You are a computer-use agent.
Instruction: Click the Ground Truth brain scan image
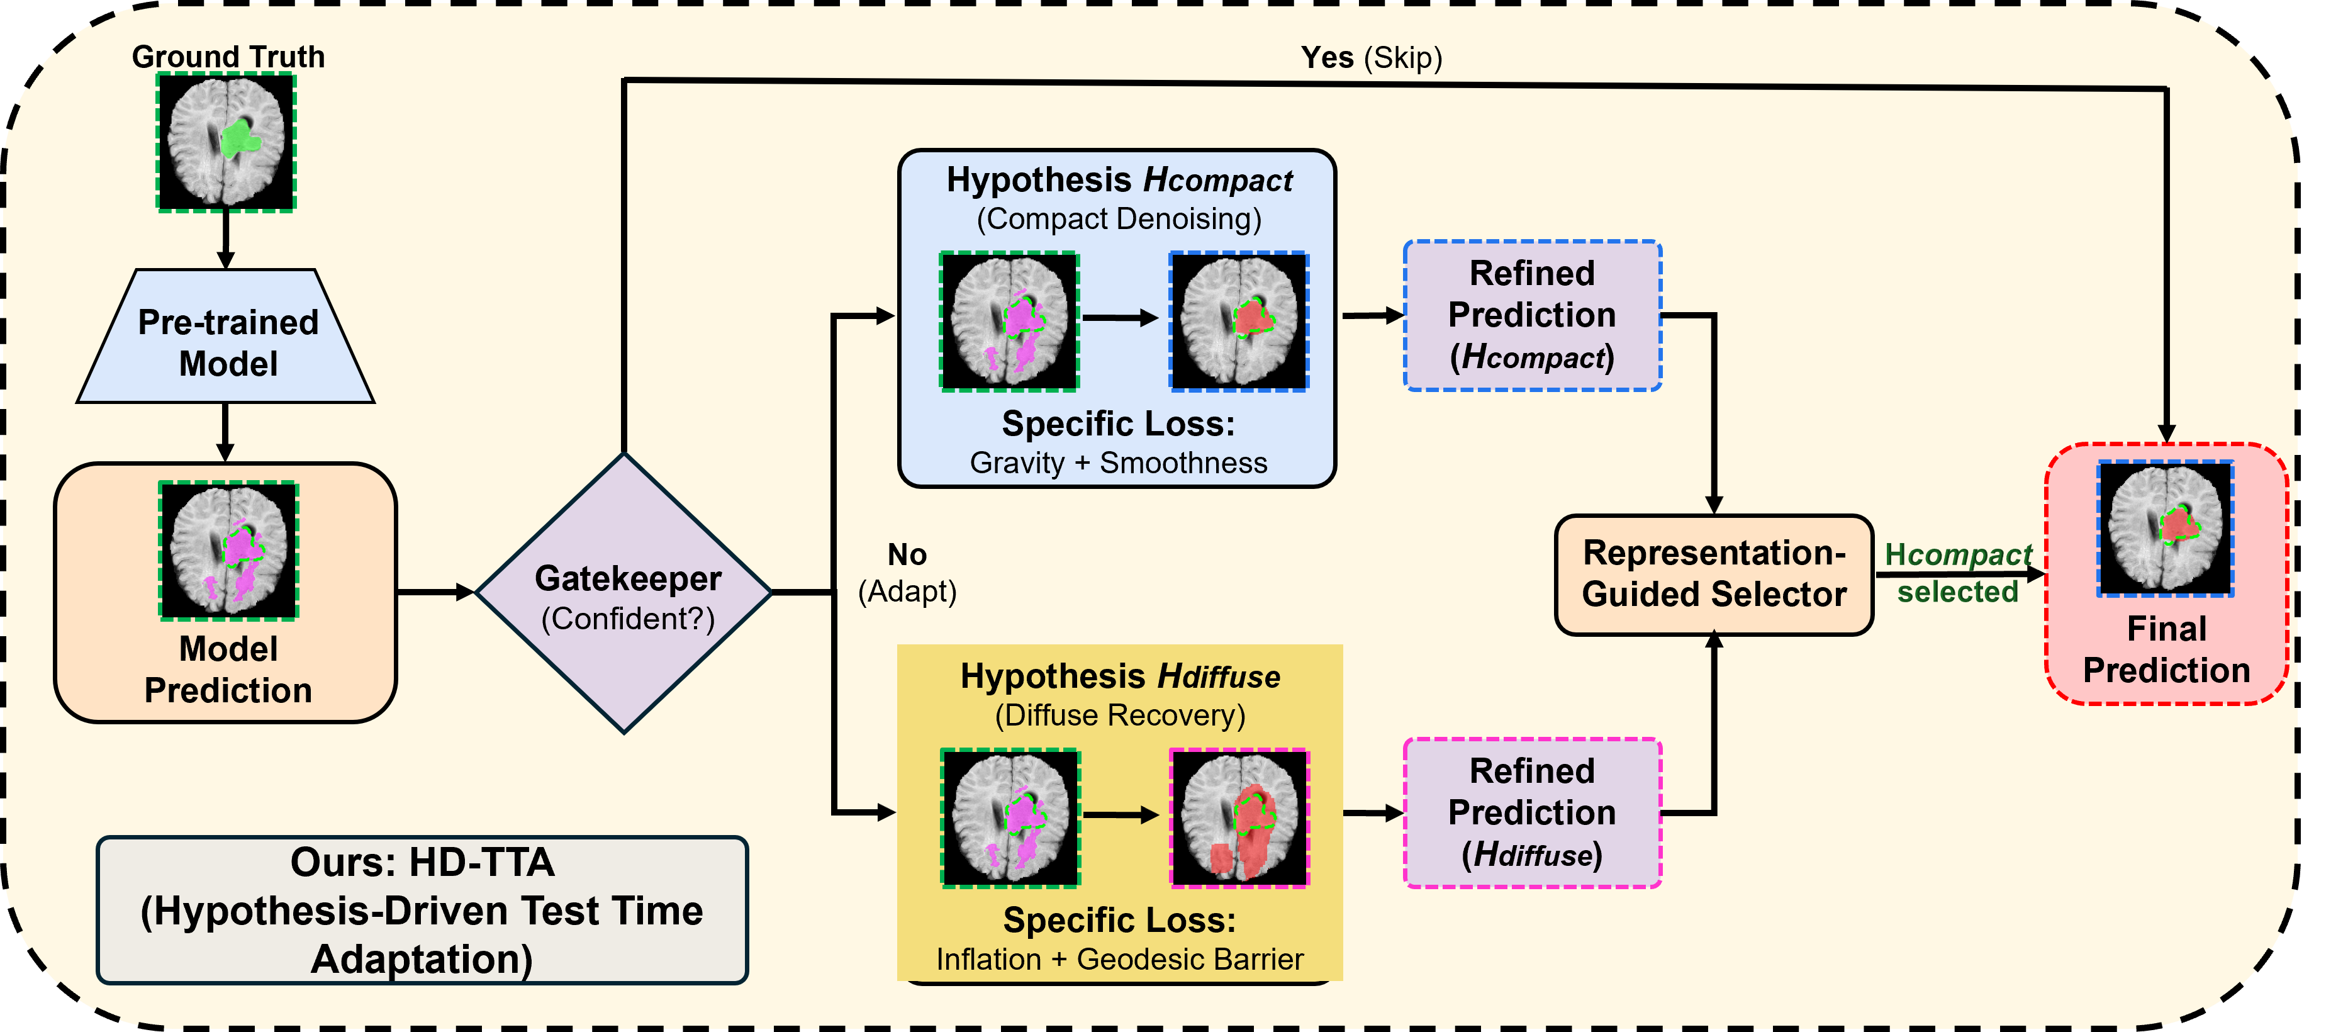coord(226,142)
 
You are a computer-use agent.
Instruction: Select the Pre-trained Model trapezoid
coord(225,335)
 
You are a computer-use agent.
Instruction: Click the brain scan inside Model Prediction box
coord(229,551)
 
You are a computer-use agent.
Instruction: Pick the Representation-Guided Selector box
coord(1714,575)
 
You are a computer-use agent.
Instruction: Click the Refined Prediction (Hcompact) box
coord(1532,315)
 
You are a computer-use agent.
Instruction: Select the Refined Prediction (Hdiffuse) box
coord(1532,812)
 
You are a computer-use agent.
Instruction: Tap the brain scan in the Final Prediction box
coord(2166,529)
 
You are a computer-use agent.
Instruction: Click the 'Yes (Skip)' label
coord(1371,57)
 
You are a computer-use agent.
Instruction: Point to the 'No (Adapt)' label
coord(908,573)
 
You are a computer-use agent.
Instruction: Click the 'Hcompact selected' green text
coord(1958,573)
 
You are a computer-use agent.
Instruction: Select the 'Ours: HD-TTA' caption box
coord(422,910)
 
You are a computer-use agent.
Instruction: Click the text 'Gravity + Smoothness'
coord(1119,463)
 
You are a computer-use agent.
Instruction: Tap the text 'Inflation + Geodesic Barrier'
coord(1119,959)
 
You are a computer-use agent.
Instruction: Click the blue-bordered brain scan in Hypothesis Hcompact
coord(1239,322)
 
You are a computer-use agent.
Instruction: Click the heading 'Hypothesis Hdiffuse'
coord(1121,676)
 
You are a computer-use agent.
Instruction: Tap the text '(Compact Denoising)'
coord(1119,219)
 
